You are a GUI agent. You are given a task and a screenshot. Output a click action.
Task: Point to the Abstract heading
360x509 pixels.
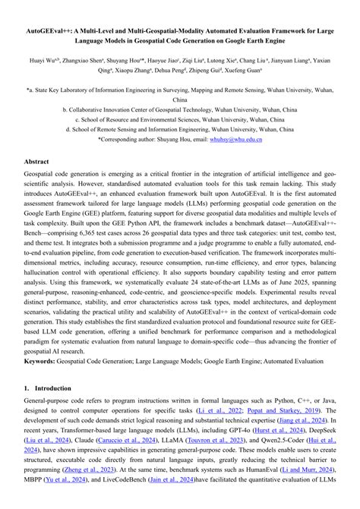point(36,163)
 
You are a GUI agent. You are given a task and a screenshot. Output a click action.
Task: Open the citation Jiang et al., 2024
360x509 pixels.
point(304,422)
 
